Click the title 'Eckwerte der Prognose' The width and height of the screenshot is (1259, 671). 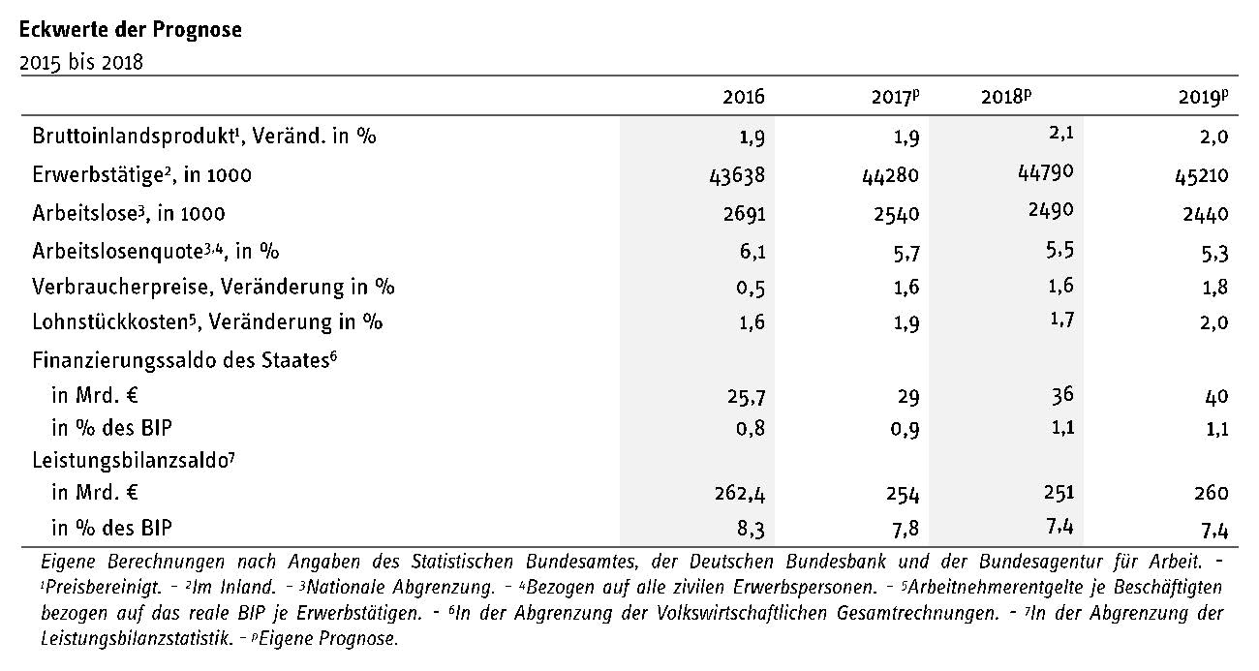click(x=131, y=30)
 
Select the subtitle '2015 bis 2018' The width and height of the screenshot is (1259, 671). click(x=81, y=62)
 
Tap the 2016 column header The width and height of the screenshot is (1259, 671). click(x=744, y=97)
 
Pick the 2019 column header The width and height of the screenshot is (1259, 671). click(x=1204, y=97)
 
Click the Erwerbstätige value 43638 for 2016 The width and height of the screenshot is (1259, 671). click(x=737, y=175)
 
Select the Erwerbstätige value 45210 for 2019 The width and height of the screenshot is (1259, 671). click(x=1201, y=176)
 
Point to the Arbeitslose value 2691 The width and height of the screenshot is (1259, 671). click(x=744, y=214)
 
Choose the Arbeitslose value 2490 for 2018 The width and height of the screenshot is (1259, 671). click(x=1051, y=210)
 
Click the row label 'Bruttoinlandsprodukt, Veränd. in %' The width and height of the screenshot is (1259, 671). click(x=204, y=136)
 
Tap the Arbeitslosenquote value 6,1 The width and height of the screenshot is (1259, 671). click(x=752, y=252)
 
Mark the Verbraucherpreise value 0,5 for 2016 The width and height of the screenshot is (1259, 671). click(x=751, y=289)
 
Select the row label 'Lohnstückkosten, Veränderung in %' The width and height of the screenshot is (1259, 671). click(x=207, y=322)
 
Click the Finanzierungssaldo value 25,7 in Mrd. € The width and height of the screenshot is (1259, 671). click(x=747, y=397)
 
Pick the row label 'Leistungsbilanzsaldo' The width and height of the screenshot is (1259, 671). click(x=134, y=460)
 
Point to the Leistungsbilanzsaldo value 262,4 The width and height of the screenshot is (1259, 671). click(x=740, y=494)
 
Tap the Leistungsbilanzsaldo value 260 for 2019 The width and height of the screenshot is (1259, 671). click(x=1212, y=493)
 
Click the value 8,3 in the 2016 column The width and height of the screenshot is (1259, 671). click(x=751, y=530)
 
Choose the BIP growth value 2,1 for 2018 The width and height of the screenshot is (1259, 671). click(x=1061, y=134)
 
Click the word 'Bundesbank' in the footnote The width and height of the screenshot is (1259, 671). click(x=836, y=562)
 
